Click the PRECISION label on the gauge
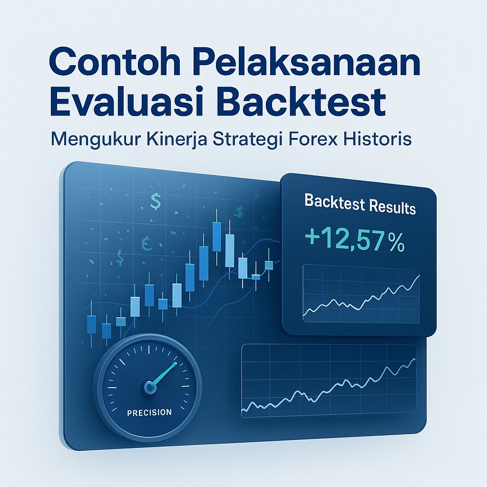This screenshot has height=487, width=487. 149,412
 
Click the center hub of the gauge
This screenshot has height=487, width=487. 150,387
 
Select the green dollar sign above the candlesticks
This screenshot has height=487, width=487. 155,201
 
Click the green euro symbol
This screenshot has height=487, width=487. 146,243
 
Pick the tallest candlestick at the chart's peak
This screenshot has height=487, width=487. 217,238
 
